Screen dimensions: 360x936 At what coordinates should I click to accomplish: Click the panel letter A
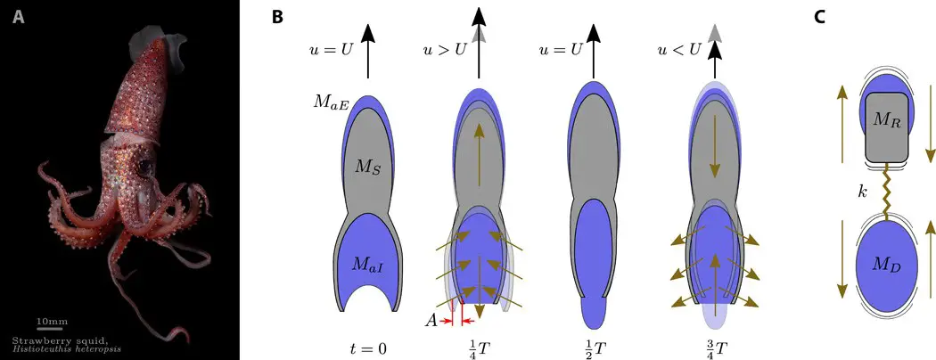coord(19,17)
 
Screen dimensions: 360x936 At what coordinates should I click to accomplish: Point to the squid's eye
coord(144,167)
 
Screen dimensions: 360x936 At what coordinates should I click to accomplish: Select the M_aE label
coord(329,104)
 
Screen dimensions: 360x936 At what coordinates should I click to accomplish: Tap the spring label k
coord(862,191)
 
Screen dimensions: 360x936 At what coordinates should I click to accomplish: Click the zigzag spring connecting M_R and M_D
coord(886,196)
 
